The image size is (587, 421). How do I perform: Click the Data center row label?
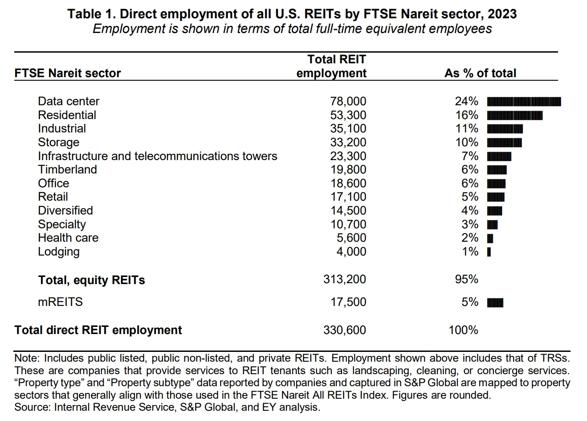click(69, 101)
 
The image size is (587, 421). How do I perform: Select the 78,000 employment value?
click(348, 101)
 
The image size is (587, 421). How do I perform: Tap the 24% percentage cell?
click(466, 101)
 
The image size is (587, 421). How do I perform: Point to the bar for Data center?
click(524, 102)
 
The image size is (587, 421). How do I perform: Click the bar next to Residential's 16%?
click(514, 116)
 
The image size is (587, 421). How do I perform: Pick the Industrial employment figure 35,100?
click(348, 128)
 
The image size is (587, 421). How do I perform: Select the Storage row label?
click(58, 142)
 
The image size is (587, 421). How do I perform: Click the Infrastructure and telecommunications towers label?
click(157, 156)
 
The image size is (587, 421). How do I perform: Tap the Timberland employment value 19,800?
click(348, 169)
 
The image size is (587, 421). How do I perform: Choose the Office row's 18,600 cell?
click(348, 183)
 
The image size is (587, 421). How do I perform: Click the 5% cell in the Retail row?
click(469, 197)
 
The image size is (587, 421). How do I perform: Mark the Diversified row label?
click(65, 210)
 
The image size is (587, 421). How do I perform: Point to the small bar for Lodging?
click(489, 252)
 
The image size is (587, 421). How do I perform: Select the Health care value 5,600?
click(351, 238)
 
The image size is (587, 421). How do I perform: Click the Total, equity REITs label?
click(91, 280)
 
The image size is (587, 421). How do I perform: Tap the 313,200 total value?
click(344, 279)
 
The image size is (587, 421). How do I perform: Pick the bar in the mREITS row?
click(495, 303)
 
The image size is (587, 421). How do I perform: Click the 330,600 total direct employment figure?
click(344, 330)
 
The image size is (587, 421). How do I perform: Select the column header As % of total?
click(480, 73)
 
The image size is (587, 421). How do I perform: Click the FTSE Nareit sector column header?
click(68, 73)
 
